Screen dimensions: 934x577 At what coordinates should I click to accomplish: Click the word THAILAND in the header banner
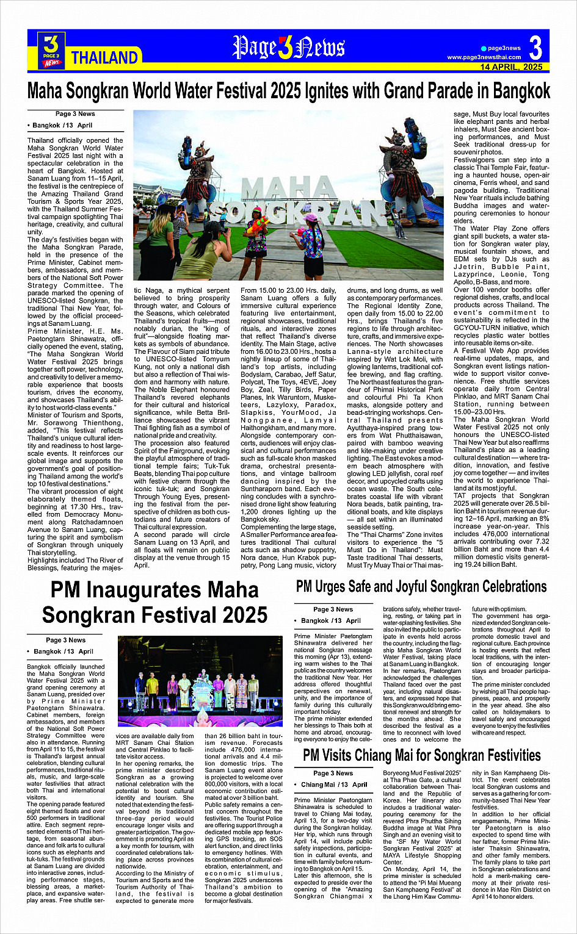[104, 57]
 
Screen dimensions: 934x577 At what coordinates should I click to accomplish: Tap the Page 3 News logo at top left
[52, 49]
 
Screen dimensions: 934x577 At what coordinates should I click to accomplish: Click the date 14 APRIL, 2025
[511, 67]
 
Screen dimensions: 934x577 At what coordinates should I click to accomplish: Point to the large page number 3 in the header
[535, 48]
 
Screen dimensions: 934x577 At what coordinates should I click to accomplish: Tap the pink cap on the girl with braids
[311, 218]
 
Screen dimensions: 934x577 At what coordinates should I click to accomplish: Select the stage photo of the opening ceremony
[196, 681]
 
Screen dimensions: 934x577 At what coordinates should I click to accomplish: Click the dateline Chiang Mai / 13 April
[335, 785]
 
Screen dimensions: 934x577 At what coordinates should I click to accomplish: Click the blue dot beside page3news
[484, 48]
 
